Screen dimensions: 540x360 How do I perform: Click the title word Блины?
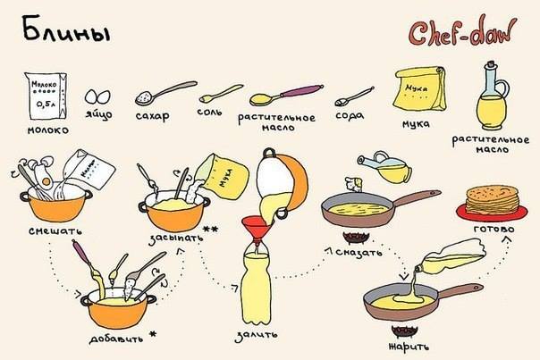click(x=66, y=30)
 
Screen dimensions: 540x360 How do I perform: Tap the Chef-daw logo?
click(x=462, y=31)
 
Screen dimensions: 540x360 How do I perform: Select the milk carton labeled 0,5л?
click(x=46, y=96)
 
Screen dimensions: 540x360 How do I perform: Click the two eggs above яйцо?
click(x=97, y=96)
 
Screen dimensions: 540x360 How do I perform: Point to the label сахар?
click(x=153, y=115)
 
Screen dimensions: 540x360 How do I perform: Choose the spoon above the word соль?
click(x=221, y=93)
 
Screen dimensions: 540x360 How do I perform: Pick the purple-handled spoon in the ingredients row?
click(x=286, y=95)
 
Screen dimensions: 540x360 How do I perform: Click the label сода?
click(x=350, y=115)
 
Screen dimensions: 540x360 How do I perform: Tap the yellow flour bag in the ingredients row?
click(x=420, y=88)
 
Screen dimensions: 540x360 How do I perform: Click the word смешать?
click(x=55, y=230)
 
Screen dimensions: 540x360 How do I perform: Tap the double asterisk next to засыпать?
click(x=210, y=230)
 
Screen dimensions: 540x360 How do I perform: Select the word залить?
click(x=256, y=335)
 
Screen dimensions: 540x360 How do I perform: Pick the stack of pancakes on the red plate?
click(x=492, y=200)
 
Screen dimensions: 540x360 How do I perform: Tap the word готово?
click(x=494, y=229)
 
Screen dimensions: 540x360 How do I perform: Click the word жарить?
click(x=409, y=346)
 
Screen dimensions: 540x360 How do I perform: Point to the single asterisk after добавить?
click(x=153, y=334)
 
